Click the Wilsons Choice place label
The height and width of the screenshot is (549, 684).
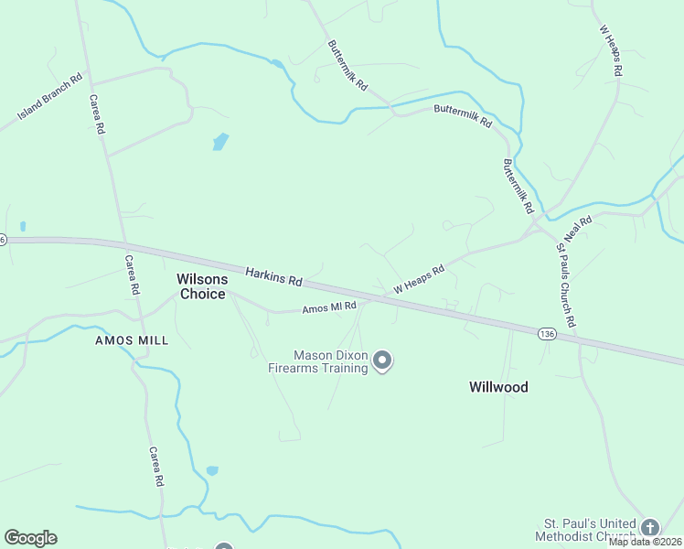tap(201, 286)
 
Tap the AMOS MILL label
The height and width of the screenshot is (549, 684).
tap(133, 340)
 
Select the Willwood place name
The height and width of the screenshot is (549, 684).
tap(498, 387)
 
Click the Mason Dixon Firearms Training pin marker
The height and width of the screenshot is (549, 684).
tap(383, 361)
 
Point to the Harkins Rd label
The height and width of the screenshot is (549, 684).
tap(273, 275)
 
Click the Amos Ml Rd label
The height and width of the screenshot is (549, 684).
tap(328, 308)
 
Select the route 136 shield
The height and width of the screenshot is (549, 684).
tap(547, 332)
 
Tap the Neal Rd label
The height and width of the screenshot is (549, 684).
tap(579, 229)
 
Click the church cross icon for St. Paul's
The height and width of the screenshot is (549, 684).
tap(649, 527)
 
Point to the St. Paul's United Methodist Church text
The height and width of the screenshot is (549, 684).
tap(585, 530)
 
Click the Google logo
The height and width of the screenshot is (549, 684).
tap(30, 537)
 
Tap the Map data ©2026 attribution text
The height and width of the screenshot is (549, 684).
tap(645, 542)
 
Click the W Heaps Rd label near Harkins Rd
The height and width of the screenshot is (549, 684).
tap(419, 278)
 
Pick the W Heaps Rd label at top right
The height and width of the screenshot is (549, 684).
tap(611, 50)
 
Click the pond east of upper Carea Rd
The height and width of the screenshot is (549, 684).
tap(220, 142)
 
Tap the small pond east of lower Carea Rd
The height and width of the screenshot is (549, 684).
tap(212, 470)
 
